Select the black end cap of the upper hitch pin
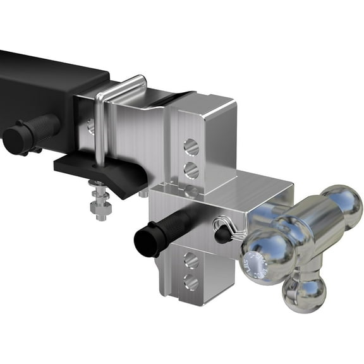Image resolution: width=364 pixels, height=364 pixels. coord(15,140)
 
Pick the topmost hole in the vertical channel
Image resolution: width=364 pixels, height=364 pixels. coord(191,147)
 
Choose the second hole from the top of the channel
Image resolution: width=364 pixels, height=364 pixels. coord(191,169)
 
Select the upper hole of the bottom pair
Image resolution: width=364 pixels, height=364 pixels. coord(191,259)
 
